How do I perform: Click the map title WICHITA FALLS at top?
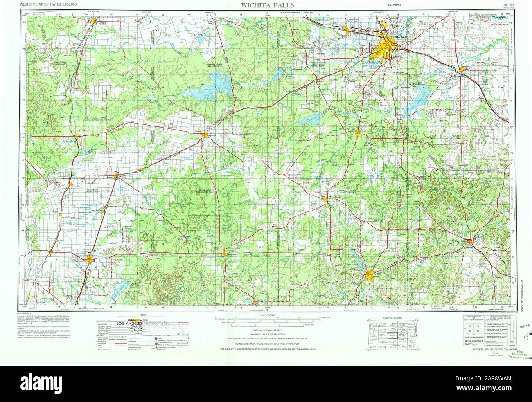pyautogui.click(x=267, y=5)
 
